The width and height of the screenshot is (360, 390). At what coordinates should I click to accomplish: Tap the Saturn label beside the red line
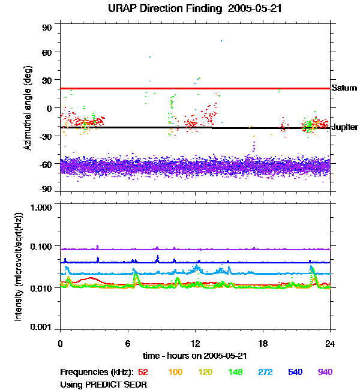pyautogui.click(x=344, y=88)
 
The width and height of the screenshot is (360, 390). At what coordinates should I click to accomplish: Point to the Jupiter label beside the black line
pyautogui.click(x=344, y=127)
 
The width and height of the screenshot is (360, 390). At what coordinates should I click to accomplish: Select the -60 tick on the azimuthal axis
pyautogui.click(x=46, y=163)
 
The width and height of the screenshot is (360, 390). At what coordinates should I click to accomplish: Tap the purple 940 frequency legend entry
pyautogui.click(x=325, y=372)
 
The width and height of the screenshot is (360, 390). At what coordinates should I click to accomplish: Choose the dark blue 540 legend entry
pyautogui.click(x=295, y=372)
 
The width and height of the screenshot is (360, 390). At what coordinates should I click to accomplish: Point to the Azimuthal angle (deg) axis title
pyautogui.click(x=28, y=107)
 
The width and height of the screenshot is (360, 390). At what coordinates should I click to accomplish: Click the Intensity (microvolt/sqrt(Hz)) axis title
pyautogui.click(x=19, y=268)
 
